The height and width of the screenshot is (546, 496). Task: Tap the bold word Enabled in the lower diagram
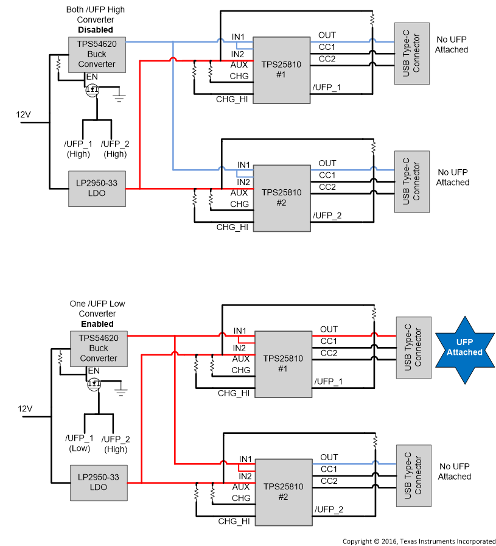click(97, 324)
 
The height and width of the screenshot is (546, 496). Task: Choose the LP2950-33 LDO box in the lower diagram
click(98, 482)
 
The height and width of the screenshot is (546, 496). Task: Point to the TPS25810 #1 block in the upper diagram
click(281, 69)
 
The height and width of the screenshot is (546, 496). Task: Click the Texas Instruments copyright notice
click(419, 541)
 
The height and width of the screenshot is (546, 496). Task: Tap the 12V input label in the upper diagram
click(23, 114)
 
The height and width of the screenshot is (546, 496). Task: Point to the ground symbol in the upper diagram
click(120, 96)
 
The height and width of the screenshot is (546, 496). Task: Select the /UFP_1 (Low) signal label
click(79, 443)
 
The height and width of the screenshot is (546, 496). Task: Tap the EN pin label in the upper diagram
click(93, 77)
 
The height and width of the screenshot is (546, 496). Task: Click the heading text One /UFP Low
click(97, 304)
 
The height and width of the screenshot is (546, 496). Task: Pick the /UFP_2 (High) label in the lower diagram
click(115, 443)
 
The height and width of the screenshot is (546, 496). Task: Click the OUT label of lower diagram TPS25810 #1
click(329, 329)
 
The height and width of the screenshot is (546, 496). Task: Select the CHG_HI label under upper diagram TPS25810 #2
click(232, 227)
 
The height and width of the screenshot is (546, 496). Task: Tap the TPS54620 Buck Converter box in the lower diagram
click(99, 349)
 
